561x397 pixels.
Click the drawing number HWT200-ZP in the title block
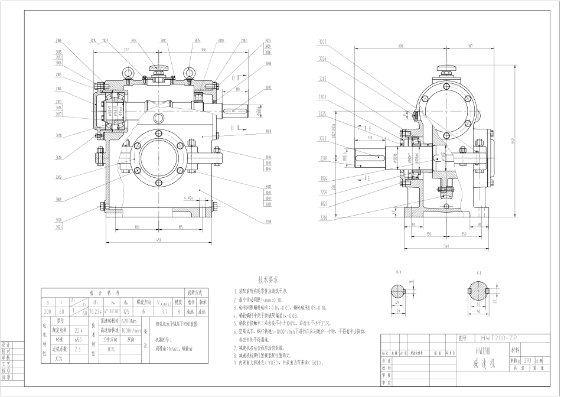click(498, 339)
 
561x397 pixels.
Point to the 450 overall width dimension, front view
click(158, 240)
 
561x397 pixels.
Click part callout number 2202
click(59, 177)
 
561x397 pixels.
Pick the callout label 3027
click(322, 42)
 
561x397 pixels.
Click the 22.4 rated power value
click(79, 331)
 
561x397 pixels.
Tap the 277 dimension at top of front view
click(126, 50)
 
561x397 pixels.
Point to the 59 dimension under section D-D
click(399, 310)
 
